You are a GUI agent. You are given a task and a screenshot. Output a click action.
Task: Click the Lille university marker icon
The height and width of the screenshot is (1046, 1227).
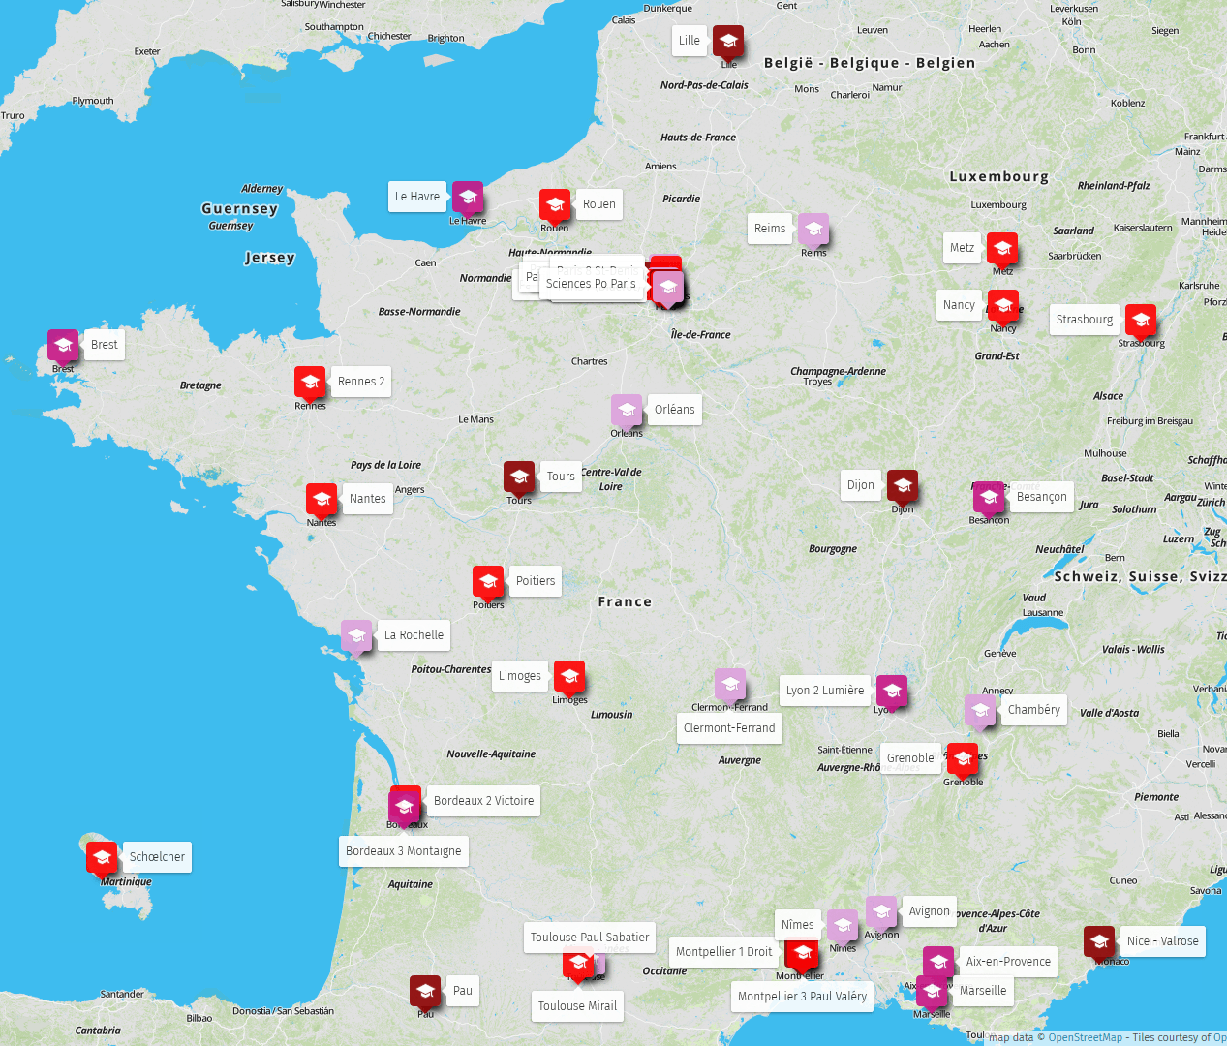[x=728, y=42]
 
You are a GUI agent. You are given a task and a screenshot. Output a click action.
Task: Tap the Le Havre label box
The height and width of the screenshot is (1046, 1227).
[x=417, y=197]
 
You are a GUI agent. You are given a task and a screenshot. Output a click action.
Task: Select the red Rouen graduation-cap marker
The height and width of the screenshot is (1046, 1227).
[x=555, y=204]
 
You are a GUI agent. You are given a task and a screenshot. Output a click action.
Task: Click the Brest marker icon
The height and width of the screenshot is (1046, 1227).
[x=63, y=345]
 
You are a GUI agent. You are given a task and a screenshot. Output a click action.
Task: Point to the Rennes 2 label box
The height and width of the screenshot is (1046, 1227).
[x=361, y=382]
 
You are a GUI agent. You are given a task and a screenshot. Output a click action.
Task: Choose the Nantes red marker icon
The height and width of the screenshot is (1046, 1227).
[x=322, y=499]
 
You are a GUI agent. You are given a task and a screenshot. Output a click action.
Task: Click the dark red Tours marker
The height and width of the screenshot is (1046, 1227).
[x=519, y=477]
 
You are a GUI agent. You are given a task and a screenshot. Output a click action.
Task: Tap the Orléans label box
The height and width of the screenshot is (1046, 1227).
[x=674, y=410]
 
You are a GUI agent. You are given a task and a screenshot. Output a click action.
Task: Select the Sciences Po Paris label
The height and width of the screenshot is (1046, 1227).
[x=591, y=284]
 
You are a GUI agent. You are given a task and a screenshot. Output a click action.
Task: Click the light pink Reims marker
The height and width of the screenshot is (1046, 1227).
[x=813, y=230]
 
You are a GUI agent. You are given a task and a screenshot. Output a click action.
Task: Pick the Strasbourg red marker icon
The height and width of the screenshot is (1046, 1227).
[x=1141, y=320]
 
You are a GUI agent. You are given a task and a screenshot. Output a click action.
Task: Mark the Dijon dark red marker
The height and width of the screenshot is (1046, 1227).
[x=903, y=485]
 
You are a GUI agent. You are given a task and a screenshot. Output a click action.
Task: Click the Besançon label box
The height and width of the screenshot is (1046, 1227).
[x=1041, y=497]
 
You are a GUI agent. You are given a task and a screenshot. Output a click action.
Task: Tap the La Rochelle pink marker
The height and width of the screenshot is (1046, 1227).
[x=356, y=636]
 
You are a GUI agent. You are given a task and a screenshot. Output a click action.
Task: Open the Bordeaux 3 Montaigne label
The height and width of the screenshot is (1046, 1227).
[x=404, y=851]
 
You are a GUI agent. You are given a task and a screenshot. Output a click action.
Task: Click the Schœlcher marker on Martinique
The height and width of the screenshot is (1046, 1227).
[x=102, y=857]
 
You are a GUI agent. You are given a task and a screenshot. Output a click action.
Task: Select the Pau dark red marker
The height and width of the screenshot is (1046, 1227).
[x=425, y=991]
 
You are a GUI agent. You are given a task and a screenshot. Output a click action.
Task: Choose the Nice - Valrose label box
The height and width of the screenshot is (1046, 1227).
[x=1162, y=941]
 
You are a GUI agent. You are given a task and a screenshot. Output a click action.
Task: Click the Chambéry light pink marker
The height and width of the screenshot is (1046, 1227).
[x=980, y=711]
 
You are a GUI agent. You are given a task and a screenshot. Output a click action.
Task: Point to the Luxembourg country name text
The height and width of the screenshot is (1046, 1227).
[x=998, y=177]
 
